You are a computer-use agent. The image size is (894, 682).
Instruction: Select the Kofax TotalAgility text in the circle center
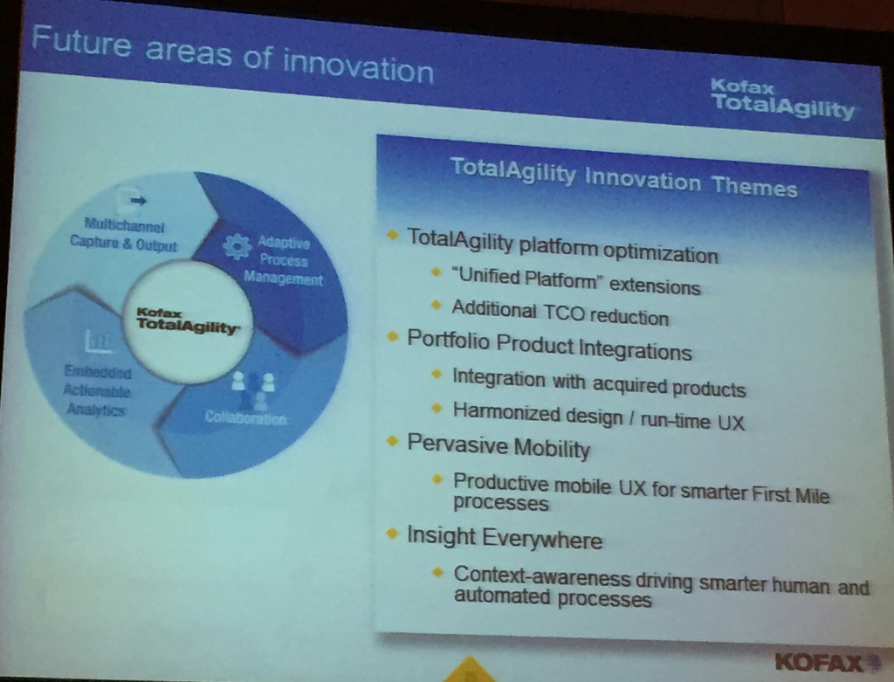pos(186,320)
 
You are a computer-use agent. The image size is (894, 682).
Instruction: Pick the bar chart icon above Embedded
pos(95,341)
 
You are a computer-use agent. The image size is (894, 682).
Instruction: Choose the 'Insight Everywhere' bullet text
pos(505,538)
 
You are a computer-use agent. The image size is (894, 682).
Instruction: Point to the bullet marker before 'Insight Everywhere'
pos(393,534)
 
